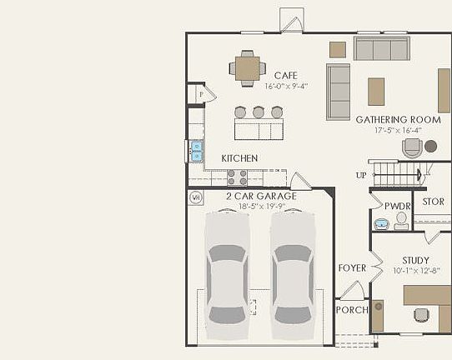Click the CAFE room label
286,76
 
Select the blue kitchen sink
197,151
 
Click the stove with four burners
237,177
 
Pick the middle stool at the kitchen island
259,112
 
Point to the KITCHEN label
239,158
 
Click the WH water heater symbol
197,197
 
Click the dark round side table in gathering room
430,146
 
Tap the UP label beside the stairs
360,175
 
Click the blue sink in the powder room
381,223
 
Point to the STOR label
433,202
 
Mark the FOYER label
352,267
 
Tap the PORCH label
352,310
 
